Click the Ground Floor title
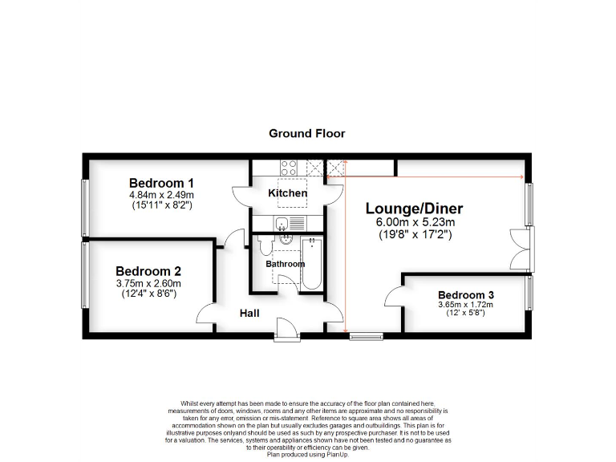point(306,133)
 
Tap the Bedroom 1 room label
point(161,182)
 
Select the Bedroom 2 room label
point(148,271)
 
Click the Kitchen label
point(287,193)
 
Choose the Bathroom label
point(285,264)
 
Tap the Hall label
point(249,313)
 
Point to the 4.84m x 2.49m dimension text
point(161,195)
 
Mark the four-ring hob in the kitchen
point(289,168)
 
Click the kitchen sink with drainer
point(289,223)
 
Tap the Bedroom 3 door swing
point(394,298)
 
